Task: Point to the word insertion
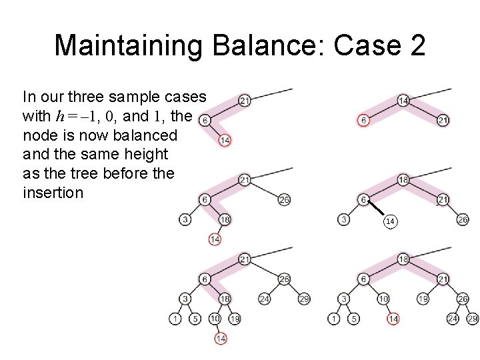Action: point(53,193)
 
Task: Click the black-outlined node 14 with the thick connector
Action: point(389,221)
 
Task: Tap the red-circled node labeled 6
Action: point(363,120)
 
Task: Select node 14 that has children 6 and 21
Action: point(403,101)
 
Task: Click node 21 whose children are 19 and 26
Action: point(443,279)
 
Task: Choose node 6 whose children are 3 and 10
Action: point(363,279)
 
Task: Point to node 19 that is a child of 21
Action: point(423,299)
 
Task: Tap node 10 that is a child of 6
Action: point(383,299)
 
